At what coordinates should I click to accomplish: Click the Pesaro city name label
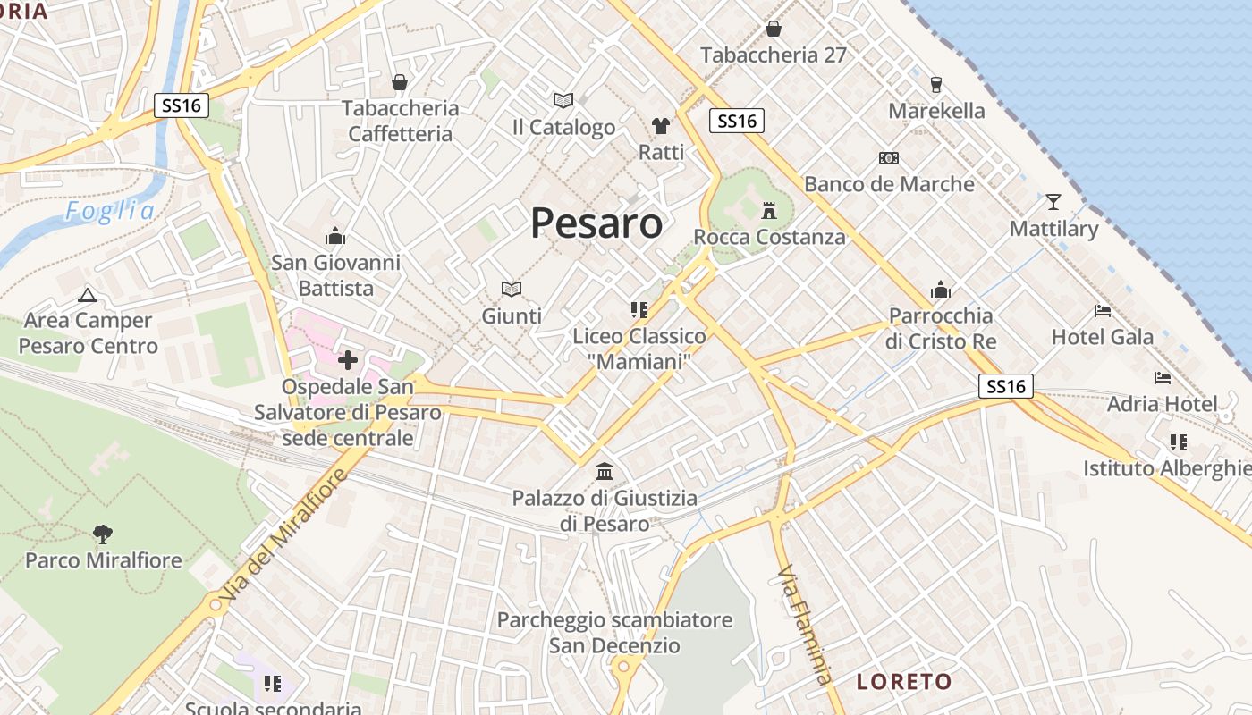click(596, 223)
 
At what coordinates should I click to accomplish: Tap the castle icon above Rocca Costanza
click(768, 211)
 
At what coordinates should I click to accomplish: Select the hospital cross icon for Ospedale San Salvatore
click(347, 360)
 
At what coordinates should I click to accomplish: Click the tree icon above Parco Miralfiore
click(103, 534)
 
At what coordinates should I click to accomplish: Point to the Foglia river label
click(110, 211)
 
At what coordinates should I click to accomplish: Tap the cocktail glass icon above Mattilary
click(1053, 201)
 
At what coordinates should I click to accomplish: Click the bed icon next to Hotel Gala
click(1103, 311)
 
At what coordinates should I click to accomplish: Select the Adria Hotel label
click(1162, 404)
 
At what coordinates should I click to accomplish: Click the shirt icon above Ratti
click(661, 125)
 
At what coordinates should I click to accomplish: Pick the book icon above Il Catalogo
click(563, 100)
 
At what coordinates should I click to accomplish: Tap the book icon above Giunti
click(512, 289)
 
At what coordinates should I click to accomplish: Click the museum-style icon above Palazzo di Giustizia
click(605, 471)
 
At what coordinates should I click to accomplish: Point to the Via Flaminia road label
click(804, 623)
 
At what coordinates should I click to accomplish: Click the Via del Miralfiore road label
click(283, 539)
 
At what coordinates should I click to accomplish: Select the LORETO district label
click(904, 682)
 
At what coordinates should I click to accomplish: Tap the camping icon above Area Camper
click(88, 294)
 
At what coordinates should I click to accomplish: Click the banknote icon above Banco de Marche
click(888, 158)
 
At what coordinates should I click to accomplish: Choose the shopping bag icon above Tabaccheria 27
click(774, 29)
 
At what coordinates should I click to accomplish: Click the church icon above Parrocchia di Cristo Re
click(941, 290)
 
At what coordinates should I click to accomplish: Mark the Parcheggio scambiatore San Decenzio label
click(614, 632)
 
